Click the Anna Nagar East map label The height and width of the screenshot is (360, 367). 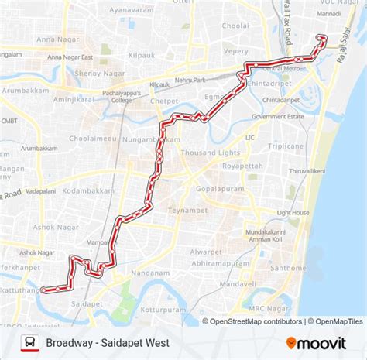(x=70, y=57)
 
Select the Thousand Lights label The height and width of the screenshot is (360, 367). (x=211, y=153)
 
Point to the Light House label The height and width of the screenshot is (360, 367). (x=293, y=213)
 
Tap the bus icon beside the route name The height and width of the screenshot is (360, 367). (x=29, y=341)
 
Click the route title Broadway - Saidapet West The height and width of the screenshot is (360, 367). (x=108, y=341)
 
